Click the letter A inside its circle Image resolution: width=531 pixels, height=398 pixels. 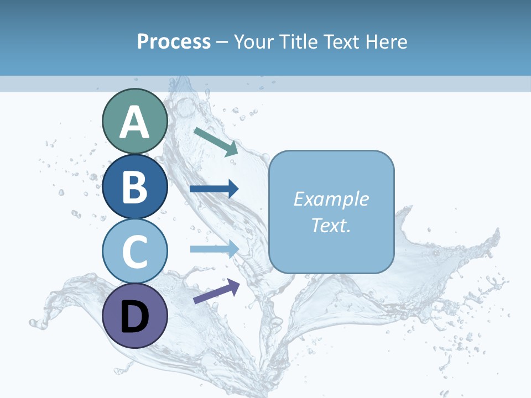(134, 122)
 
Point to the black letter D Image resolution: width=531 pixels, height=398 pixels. (134, 317)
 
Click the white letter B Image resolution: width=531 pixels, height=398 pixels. (134, 187)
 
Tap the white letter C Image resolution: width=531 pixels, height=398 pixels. (134, 252)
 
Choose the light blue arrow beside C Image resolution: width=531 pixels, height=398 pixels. (214, 249)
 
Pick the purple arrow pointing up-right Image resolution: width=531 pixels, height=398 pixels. (216, 291)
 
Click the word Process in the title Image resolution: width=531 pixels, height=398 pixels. (174, 41)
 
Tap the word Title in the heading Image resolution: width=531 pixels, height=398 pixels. (296, 41)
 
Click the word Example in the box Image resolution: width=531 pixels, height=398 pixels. (331, 199)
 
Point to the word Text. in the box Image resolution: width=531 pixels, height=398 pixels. (331, 225)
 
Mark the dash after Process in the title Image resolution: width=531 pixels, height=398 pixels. (222, 42)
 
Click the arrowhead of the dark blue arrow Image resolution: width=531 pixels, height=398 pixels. (233, 189)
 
